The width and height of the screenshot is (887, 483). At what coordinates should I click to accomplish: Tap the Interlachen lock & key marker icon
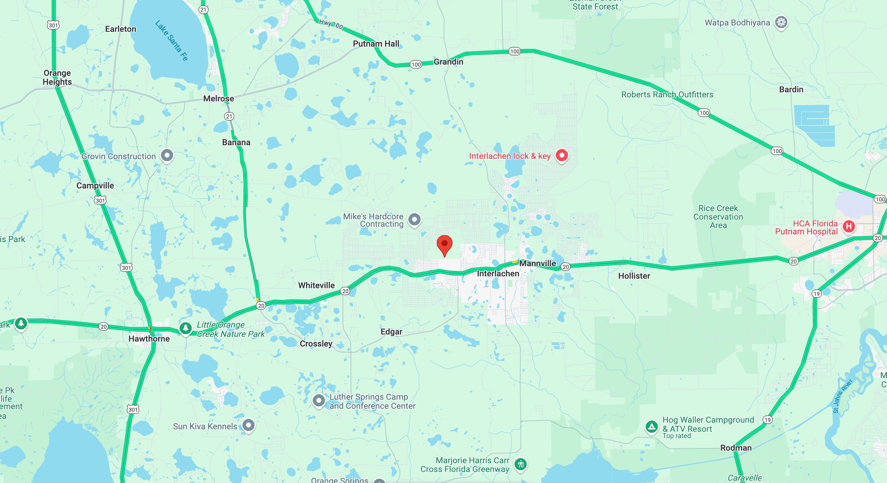561,155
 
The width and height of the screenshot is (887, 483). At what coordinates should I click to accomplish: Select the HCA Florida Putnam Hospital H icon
849,226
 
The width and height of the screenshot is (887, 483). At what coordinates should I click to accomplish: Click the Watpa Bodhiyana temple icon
781,22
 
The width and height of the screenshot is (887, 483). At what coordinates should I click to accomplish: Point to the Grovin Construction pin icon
167,155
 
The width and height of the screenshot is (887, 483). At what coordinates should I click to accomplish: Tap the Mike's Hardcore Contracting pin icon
414,220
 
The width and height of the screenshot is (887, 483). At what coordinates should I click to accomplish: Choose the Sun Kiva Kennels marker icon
248,426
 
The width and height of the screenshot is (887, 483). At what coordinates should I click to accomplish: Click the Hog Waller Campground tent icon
651,427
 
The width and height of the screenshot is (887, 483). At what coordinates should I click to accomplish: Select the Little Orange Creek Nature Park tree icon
186,328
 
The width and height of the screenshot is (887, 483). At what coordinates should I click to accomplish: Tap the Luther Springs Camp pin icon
318,401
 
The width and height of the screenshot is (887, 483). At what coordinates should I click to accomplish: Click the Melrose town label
218,99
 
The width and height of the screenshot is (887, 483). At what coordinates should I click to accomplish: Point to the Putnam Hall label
376,44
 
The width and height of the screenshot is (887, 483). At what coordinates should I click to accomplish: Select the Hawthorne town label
149,338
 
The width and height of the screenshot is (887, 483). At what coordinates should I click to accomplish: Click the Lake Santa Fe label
171,41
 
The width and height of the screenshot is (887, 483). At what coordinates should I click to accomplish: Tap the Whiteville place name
316,285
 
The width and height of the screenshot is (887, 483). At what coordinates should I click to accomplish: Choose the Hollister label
634,276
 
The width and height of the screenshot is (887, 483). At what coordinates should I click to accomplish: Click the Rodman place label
736,448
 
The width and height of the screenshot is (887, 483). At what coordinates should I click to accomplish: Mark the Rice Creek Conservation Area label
718,217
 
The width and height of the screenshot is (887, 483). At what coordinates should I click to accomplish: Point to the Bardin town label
791,90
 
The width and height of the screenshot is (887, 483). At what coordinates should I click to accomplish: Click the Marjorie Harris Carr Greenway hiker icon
521,464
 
